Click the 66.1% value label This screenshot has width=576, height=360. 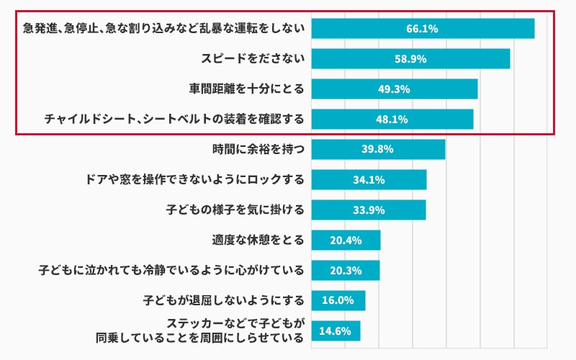coord(422,29)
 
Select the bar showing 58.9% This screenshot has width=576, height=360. coord(410,59)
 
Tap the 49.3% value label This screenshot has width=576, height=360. coord(394,89)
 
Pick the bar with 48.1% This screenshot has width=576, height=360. coord(392,120)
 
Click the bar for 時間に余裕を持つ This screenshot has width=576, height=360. coord(378,150)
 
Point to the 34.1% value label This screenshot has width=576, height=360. coord(368,180)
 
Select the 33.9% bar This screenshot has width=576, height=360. coord(368,210)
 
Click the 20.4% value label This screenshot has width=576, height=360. coord(346,240)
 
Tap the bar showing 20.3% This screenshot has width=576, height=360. coord(346,271)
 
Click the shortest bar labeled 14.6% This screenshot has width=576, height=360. coord(336,331)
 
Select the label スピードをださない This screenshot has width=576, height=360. coord(253,59)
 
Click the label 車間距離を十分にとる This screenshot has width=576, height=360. coord(247,89)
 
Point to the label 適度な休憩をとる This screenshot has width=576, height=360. coord(258,240)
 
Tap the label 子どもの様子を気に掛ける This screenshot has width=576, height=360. coord(235,210)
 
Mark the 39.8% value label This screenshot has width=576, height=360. coord(377,150)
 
